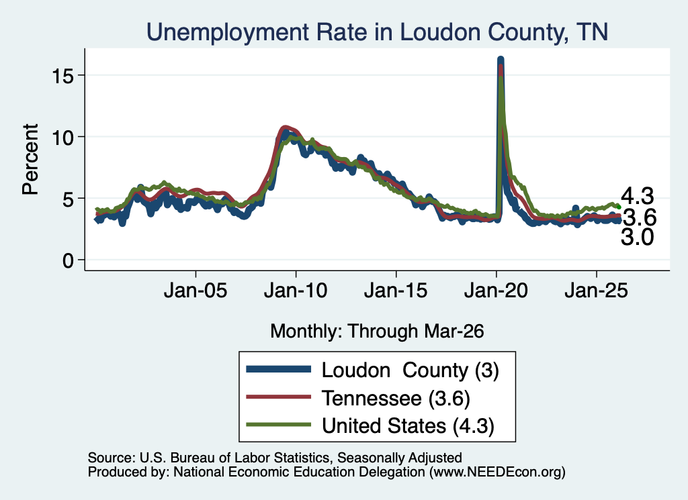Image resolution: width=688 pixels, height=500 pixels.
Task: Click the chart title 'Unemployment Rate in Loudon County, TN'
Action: coord(378,32)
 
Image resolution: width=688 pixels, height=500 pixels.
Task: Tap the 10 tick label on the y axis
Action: coord(62,138)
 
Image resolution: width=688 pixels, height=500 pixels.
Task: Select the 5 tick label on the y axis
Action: coord(68,199)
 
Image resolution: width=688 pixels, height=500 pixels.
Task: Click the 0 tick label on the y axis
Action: coord(68,260)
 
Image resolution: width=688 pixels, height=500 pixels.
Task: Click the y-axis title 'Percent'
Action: coord(31,159)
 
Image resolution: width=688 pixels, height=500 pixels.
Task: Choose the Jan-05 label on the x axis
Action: coord(196,291)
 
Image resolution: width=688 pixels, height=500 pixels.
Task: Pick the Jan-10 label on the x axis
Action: coord(296,291)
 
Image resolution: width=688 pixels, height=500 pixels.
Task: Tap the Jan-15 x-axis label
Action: coord(396,291)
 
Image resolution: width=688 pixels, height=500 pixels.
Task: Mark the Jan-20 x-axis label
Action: coord(497,291)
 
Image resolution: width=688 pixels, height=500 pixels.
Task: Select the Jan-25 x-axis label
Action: coord(597,291)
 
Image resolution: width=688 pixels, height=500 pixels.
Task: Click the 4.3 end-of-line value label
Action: coord(638,197)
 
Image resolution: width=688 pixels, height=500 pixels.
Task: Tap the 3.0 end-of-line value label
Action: coord(638,237)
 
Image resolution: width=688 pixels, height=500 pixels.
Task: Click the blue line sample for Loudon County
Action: coord(278,369)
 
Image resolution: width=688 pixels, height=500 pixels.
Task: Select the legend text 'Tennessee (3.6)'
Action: coord(396,399)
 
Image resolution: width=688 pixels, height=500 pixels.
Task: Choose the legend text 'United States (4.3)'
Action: coord(408,426)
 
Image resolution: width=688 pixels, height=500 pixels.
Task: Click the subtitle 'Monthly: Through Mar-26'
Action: coord(377,332)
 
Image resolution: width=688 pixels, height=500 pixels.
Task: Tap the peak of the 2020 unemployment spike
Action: coord(500,59)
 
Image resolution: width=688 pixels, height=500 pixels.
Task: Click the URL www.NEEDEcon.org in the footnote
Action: coord(497,472)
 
